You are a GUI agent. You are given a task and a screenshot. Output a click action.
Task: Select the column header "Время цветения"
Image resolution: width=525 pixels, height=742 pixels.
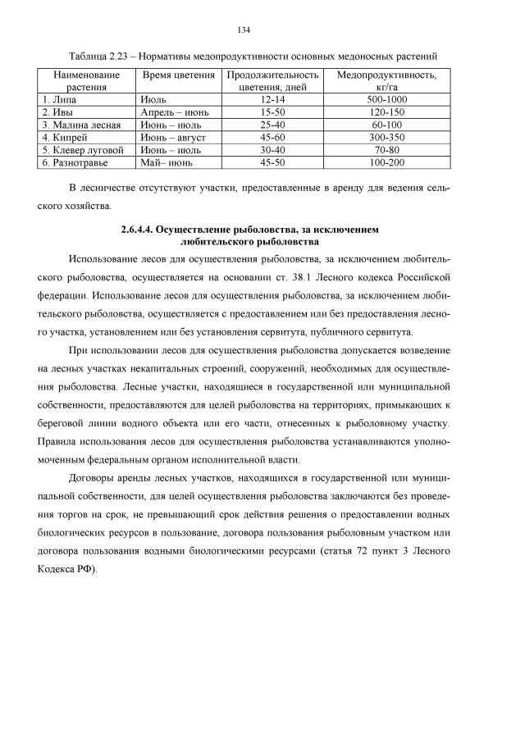click(172, 75)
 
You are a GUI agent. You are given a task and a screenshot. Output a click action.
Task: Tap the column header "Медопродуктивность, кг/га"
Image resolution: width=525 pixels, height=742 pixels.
click(381, 80)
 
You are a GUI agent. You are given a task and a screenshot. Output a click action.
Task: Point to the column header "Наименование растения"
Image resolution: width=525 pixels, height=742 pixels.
click(81, 80)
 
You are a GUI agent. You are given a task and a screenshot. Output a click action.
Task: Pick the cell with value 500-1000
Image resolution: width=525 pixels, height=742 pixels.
click(381, 99)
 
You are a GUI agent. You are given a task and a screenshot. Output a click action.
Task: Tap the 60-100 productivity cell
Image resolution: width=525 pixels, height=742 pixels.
click(381, 125)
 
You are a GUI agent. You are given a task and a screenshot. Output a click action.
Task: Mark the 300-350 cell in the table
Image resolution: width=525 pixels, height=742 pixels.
click(381, 138)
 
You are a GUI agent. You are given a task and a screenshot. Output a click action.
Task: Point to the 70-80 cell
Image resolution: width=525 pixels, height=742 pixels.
click(381, 151)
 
